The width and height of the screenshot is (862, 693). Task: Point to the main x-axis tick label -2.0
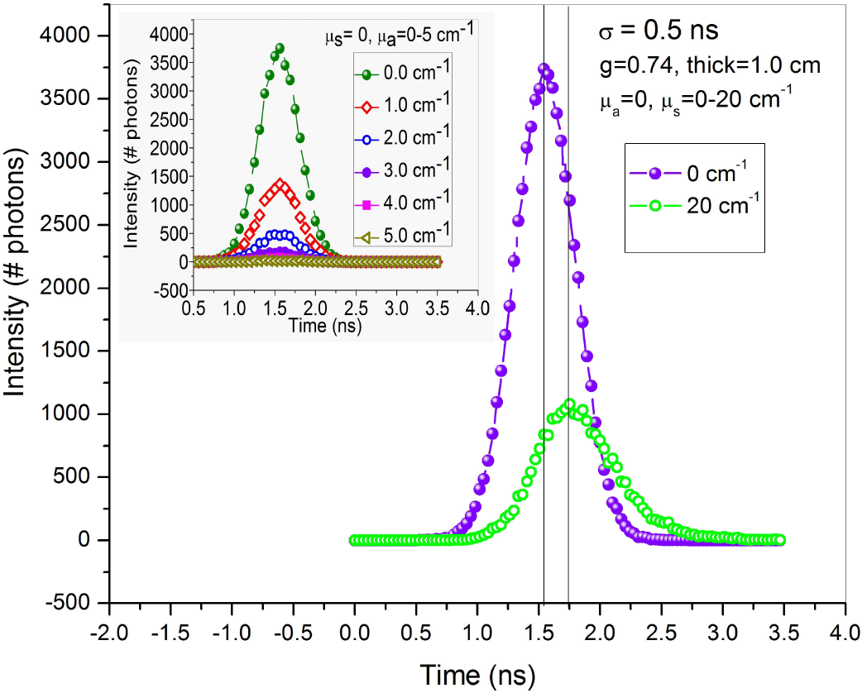pyautogui.click(x=110, y=632)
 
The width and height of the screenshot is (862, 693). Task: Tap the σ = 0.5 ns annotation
pyautogui.click(x=658, y=32)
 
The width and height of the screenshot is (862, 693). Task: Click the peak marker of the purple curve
pyautogui.click(x=544, y=69)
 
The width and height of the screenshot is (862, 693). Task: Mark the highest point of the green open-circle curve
pyautogui.click(x=569, y=404)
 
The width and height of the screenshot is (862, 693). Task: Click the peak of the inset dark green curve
pyautogui.click(x=280, y=48)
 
